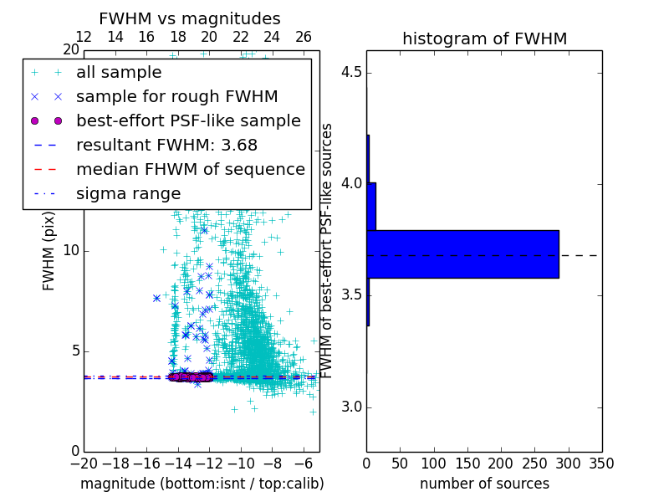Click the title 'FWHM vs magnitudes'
(189, 18)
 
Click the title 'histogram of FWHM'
(484, 38)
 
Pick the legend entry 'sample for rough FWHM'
(176, 96)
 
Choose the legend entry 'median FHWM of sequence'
(190, 169)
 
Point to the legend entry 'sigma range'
(128, 193)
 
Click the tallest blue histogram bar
(462, 254)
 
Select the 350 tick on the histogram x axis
(601, 464)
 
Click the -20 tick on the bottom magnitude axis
(84, 464)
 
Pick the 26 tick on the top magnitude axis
(304, 37)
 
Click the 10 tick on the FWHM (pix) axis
(70, 251)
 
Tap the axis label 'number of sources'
(484, 484)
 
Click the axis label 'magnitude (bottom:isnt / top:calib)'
(202, 484)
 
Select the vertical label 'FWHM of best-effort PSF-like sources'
(328, 250)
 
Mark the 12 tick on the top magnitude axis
(84, 37)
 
